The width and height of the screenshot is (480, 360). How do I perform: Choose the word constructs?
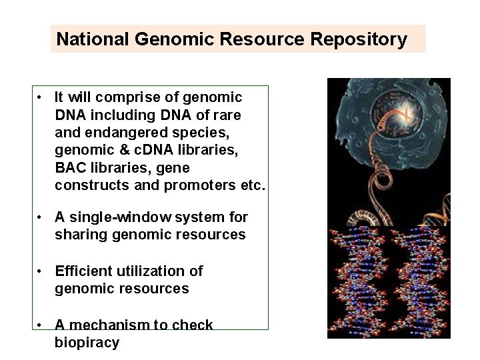click(92, 185)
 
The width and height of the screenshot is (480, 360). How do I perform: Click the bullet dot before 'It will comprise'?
click(41, 98)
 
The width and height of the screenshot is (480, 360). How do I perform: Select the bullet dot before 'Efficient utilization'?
click(41, 271)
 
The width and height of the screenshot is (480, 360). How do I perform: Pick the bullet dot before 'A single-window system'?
click(41, 217)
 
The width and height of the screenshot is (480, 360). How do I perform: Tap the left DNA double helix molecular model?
click(356, 283)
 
